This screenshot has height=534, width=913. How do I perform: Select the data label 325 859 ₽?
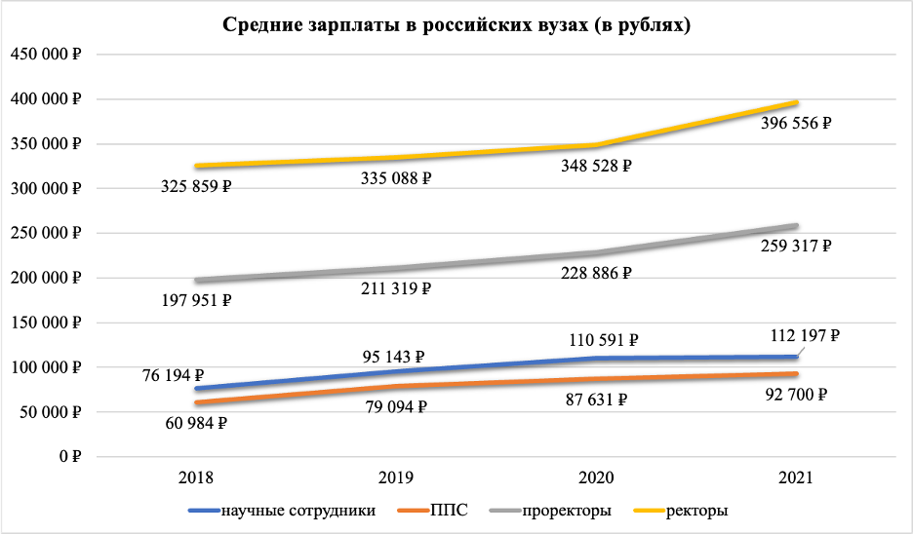(x=196, y=185)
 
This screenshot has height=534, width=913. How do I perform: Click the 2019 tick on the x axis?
(x=396, y=478)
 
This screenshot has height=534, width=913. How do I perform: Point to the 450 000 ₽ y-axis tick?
(x=45, y=55)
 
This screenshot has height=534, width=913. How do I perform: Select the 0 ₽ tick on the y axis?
(x=67, y=456)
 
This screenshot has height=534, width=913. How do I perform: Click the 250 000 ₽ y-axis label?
(x=45, y=233)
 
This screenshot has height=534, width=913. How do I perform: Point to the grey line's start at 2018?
(x=196, y=281)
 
